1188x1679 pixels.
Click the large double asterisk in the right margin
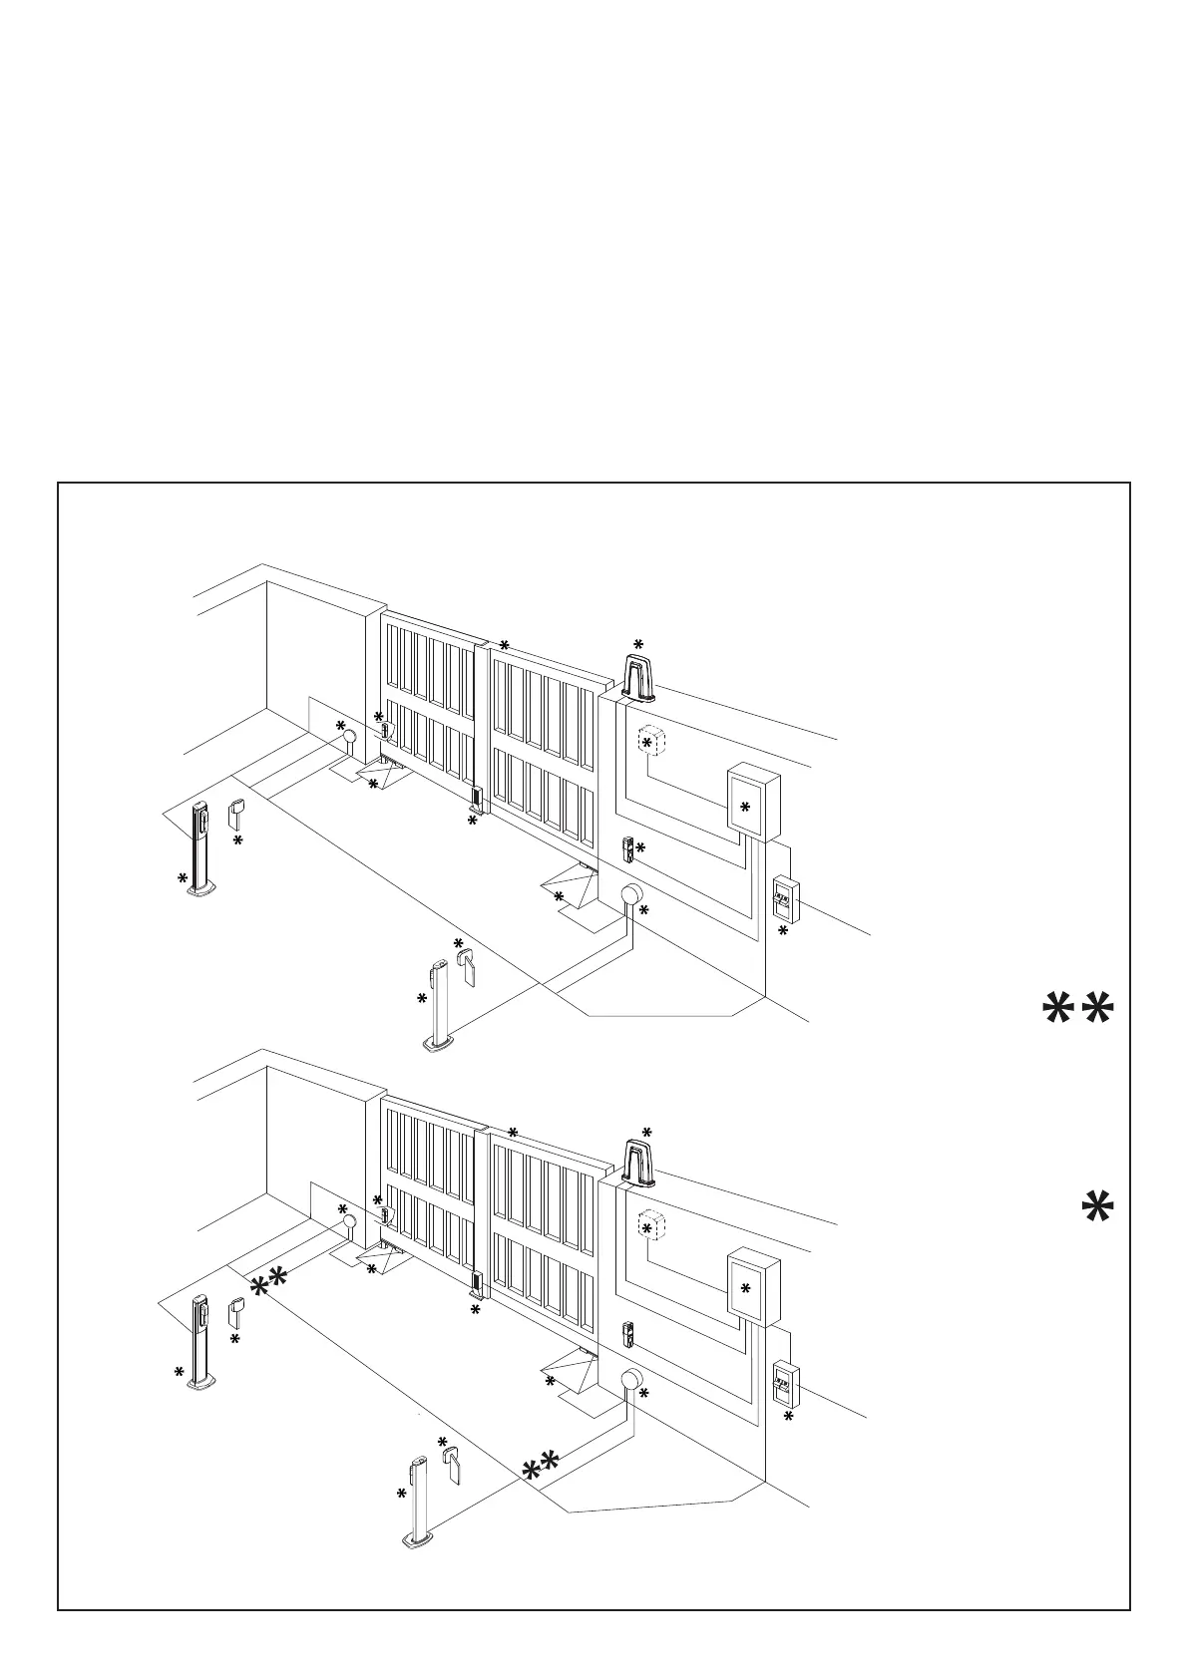click(1077, 1011)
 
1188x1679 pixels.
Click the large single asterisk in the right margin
click(1097, 1208)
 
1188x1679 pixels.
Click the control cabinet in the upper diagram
click(752, 801)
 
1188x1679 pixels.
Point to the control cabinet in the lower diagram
click(753, 1286)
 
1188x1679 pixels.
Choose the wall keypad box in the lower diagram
click(786, 1384)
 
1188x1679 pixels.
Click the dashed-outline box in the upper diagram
click(650, 741)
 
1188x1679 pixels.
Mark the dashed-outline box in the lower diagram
click(650, 1226)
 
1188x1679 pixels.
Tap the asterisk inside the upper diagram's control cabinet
click(745, 807)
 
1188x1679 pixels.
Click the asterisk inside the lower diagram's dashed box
click(646, 1229)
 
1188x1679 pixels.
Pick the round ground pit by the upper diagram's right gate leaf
click(631, 894)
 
